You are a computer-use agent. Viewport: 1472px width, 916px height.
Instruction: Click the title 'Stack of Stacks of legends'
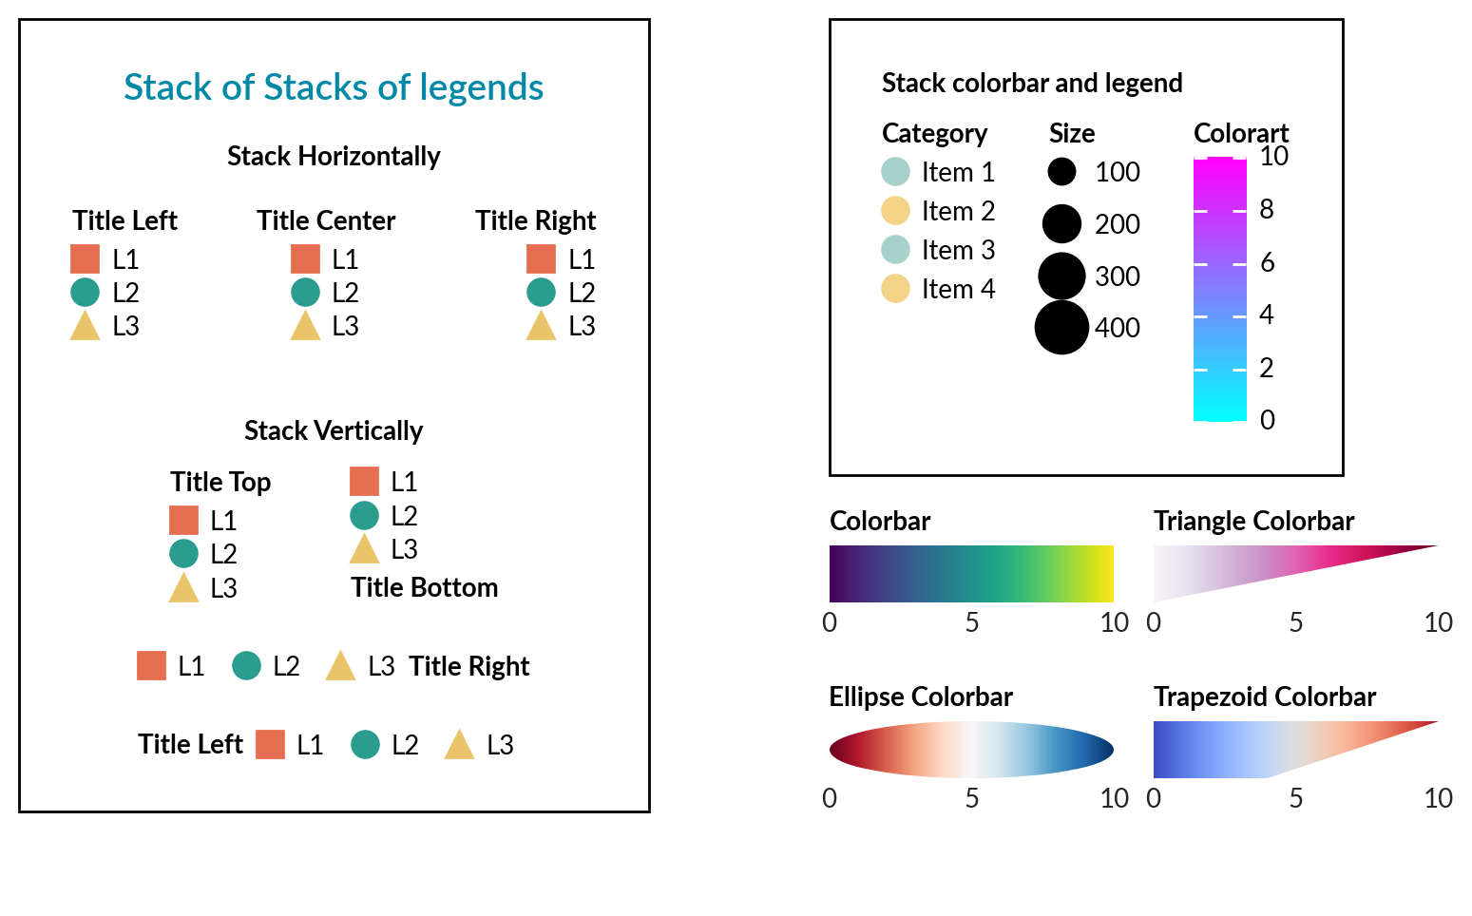pos(334,87)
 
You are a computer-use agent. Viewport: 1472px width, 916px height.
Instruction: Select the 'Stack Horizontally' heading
pos(334,156)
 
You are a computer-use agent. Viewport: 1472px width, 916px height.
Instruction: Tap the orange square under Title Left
pos(86,258)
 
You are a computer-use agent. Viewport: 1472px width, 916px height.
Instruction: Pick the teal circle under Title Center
pos(305,292)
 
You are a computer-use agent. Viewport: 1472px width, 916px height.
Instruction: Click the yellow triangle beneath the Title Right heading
pos(541,326)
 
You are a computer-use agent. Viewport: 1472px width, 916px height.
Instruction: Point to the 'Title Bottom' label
pos(424,587)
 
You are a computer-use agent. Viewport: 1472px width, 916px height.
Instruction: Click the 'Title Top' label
pos(220,482)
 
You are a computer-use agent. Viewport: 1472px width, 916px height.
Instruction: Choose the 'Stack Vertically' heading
pos(334,430)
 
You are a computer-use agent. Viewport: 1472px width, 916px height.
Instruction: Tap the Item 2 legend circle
pos(895,210)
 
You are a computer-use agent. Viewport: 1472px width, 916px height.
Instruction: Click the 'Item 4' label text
pos(958,289)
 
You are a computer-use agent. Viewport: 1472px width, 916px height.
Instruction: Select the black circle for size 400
pos(1061,327)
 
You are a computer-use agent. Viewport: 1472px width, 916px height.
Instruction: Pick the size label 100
pos(1117,172)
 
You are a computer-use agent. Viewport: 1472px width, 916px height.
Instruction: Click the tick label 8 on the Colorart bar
pos(1267,209)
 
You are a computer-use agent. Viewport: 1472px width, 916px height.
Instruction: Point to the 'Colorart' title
pos(1241,133)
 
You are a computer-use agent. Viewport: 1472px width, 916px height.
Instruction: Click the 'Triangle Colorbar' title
pos(1253,521)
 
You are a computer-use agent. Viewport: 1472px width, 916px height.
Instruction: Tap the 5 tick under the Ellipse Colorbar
pos(972,798)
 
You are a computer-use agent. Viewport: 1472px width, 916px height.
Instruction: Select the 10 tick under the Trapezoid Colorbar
pos(1438,798)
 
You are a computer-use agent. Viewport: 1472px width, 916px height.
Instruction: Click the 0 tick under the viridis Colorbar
pos(830,622)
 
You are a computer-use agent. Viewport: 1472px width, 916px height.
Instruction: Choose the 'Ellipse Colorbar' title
pos(921,697)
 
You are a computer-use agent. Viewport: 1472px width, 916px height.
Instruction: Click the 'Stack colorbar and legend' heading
pos(1032,83)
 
